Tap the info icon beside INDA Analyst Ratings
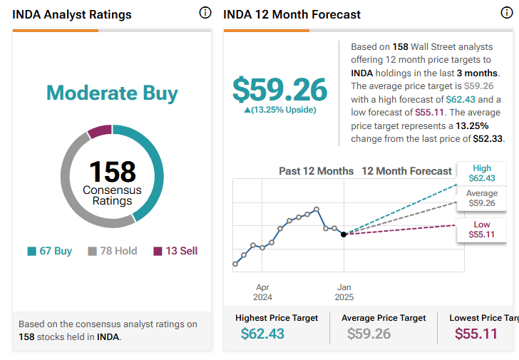coord(205,14)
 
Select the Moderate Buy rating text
coord(112,93)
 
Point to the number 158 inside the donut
coord(112,172)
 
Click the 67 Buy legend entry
coord(50,251)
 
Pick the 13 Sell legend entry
coord(175,251)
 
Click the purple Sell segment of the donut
coord(99,131)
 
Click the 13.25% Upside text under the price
coord(279,110)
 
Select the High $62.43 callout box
coord(483,173)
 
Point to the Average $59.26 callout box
coord(482,198)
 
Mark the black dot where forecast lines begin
coord(344,234)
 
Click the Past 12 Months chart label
coord(316,171)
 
